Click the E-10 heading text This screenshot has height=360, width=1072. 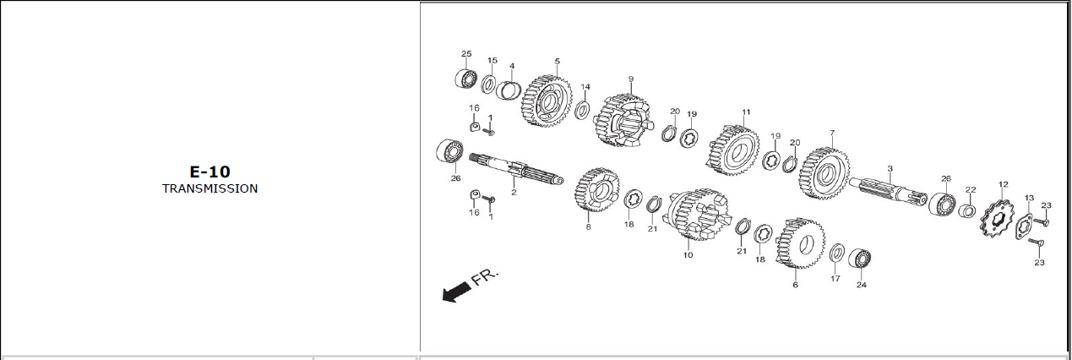210,172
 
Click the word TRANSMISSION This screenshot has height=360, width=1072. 210,188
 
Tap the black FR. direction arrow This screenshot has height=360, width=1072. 456,292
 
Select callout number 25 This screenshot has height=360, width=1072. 466,53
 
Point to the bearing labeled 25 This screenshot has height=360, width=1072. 465,79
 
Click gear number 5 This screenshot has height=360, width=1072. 547,101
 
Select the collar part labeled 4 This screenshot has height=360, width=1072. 508,90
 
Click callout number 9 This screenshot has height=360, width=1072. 631,79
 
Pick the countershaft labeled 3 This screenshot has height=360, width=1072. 888,190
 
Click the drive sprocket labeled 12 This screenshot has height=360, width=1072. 997,221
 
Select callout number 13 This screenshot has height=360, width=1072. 1029,198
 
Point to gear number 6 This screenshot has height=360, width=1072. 800,243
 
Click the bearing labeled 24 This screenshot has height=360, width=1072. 859,259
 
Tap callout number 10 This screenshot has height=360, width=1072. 688,255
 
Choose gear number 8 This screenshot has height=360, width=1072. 597,189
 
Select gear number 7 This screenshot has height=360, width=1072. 824,173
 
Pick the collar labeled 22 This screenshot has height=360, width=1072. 967,210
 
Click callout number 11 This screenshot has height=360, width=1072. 746,112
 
